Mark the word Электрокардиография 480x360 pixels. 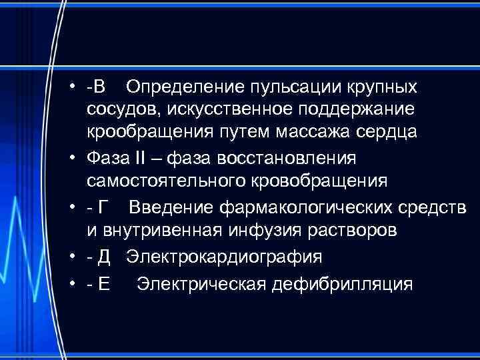point(225,257)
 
